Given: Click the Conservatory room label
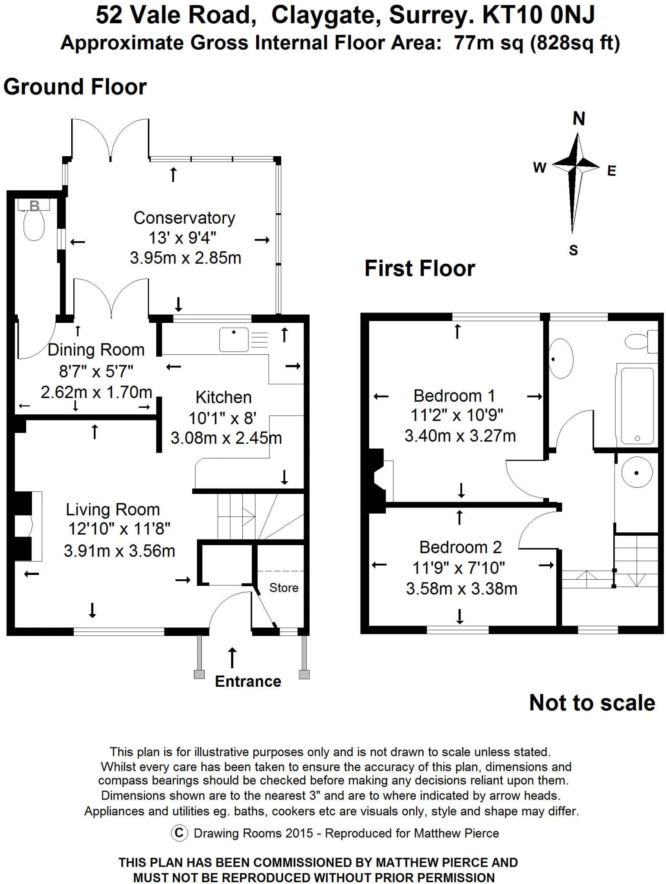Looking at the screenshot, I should coord(184,218).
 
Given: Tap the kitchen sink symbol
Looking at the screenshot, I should coord(234,339).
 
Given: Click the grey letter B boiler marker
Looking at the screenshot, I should coord(34,206).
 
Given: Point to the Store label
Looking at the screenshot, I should coord(284,588).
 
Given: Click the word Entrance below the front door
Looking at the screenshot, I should coord(248,682).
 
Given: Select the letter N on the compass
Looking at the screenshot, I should coord(579,119).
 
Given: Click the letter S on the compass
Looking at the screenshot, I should coord(573,250).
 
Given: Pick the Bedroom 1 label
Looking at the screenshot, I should coord(454,396).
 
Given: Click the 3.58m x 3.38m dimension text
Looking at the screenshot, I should coord(461,589).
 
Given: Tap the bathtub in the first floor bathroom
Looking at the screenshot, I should coord(637,404).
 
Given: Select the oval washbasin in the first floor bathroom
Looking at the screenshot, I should coord(561,359).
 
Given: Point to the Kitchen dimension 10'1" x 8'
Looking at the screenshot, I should coord(223,418).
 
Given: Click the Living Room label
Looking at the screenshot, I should coord(113,510).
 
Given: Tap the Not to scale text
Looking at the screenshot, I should coord(592,703).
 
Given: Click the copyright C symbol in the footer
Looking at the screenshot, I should coord(179,833).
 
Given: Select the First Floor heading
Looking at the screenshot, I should coord(419,268).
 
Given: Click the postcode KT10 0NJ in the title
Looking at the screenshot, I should coord(539,16).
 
